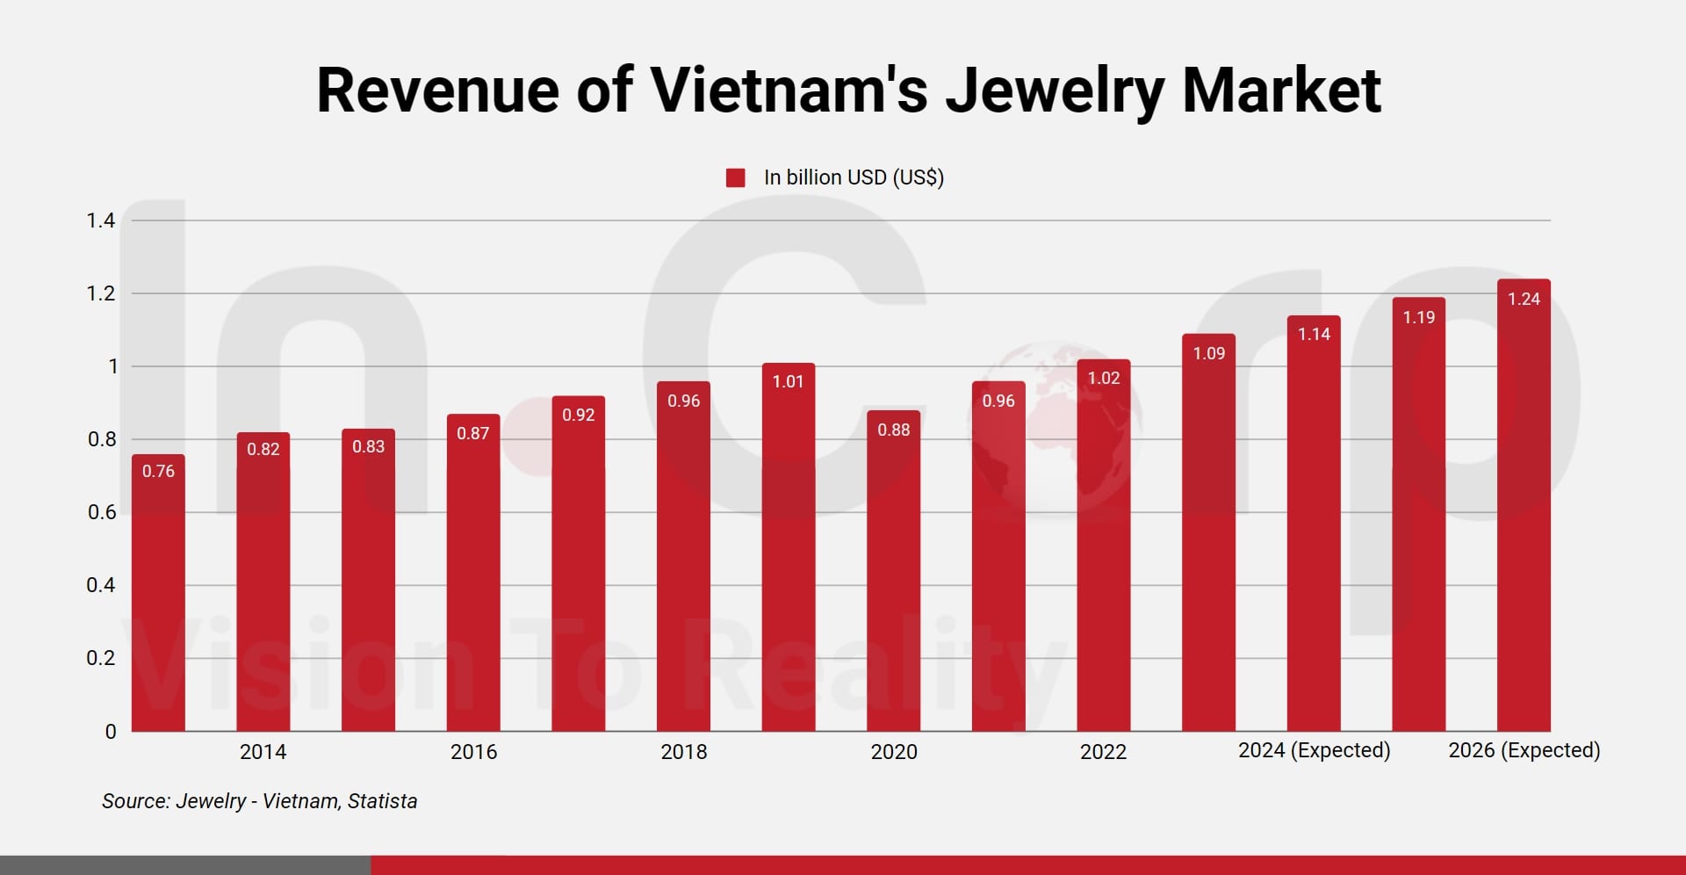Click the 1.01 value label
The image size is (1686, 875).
click(788, 381)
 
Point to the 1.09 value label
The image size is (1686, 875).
click(1208, 353)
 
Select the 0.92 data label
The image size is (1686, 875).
click(578, 415)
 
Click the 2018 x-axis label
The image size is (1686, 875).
click(683, 752)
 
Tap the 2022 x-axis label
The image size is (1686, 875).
click(1103, 752)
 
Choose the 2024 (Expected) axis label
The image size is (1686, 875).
click(1314, 750)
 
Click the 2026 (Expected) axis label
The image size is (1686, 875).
click(1524, 750)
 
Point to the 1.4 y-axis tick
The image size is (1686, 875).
click(100, 221)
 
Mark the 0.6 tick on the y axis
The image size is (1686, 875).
click(101, 512)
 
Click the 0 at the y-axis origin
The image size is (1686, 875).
click(111, 732)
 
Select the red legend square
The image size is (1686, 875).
click(736, 178)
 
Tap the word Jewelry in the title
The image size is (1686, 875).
click(1054, 90)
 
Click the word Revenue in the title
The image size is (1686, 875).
click(436, 90)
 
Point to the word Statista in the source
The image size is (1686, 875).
click(382, 801)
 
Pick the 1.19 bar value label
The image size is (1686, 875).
click(1418, 317)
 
